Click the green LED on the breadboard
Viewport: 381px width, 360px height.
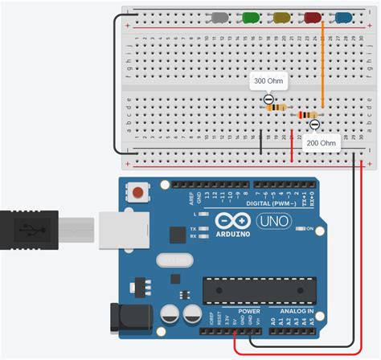tap(250, 17)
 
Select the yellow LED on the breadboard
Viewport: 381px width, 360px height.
tap(281, 17)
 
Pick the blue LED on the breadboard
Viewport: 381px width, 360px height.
tap(343, 17)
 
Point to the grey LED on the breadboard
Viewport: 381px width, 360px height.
tap(219, 17)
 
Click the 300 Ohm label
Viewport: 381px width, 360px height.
tap(268, 81)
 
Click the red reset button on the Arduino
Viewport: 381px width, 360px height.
tap(140, 193)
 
